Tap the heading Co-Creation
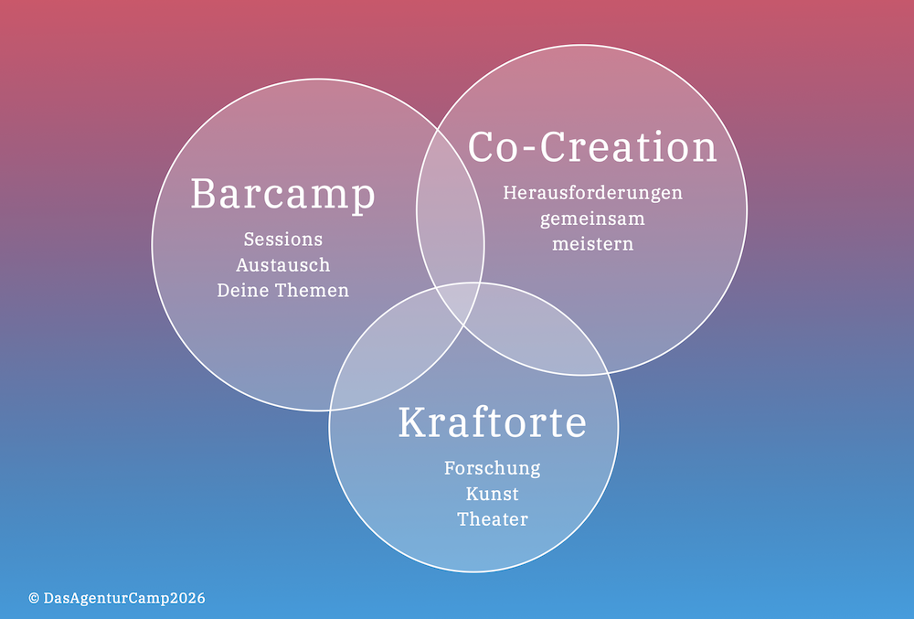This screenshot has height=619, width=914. [x=592, y=146]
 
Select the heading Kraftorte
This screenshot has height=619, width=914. [x=492, y=422]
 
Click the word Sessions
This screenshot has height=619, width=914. [x=282, y=239]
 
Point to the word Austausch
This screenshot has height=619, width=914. [x=282, y=264]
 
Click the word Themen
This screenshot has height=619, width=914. [x=312, y=290]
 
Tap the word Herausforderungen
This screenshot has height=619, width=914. [x=592, y=193]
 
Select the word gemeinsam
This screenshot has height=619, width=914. [x=592, y=219]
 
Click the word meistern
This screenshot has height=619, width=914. [x=592, y=243]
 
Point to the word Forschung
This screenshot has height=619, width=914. [x=492, y=469]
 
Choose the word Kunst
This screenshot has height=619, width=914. [x=492, y=494]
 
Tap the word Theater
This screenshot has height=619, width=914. [x=492, y=518]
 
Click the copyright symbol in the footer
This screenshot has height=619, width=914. [x=34, y=598]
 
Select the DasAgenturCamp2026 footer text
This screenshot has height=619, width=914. [x=124, y=598]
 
